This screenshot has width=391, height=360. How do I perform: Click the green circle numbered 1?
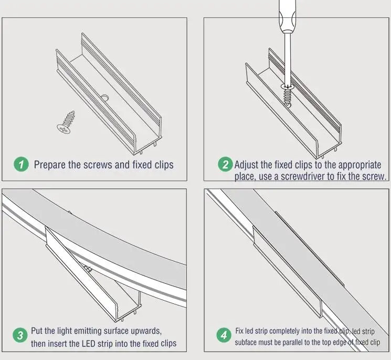pyautogui.click(x=21, y=164)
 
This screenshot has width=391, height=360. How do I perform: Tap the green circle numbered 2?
pyautogui.click(x=225, y=164)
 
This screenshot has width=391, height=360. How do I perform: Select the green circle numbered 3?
pyautogui.click(x=20, y=335)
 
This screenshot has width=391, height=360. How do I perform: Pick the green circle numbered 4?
pyautogui.click(x=224, y=335)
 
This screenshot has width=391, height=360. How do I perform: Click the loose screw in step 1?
pyautogui.click(x=66, y=123)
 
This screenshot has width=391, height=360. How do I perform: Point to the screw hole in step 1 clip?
pyautogui.click(x=104, y=97)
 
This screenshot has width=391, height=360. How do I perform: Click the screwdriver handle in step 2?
pyautogui.click(x=288, y=16)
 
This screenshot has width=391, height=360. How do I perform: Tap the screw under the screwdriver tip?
pyautogui.click(x=288, y=94)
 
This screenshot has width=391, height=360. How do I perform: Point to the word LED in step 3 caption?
pyautogui.click(x=88, y=344)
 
